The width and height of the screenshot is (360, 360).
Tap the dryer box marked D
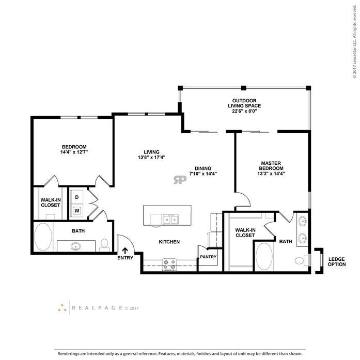click(77, 197)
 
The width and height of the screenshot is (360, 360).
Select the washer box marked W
click(77, 210)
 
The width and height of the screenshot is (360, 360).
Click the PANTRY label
click(208, 256)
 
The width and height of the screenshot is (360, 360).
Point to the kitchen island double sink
click(170, 220)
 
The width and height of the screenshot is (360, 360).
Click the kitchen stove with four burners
click(169, 264)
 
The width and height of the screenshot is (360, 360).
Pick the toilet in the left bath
click(105, 243)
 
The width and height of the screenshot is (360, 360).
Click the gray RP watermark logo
click(180, 180)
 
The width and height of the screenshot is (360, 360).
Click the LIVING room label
click(152, 151)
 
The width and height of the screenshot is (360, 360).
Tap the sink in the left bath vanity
click(76, 246)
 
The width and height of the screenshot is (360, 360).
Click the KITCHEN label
click(169, 242)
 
